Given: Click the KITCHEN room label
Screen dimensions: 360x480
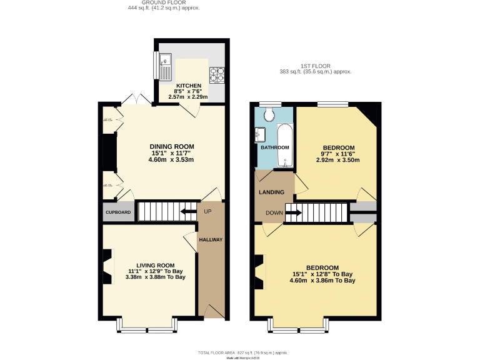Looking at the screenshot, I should [188, 86].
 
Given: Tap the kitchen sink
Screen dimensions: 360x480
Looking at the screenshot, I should [165, 66].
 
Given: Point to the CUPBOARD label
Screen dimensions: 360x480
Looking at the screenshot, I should [118, 212].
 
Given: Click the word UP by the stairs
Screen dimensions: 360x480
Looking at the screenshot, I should [207, 211].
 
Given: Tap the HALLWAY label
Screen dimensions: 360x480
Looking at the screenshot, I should [211, 240].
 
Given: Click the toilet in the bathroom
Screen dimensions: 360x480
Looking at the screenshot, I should [270, 114].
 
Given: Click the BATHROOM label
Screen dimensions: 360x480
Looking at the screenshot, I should [274, 147].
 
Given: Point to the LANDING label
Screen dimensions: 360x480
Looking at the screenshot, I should [272, 192].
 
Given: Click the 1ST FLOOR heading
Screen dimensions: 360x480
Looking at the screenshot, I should [315, 66].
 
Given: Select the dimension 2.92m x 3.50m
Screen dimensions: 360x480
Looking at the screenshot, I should [338, 160].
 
